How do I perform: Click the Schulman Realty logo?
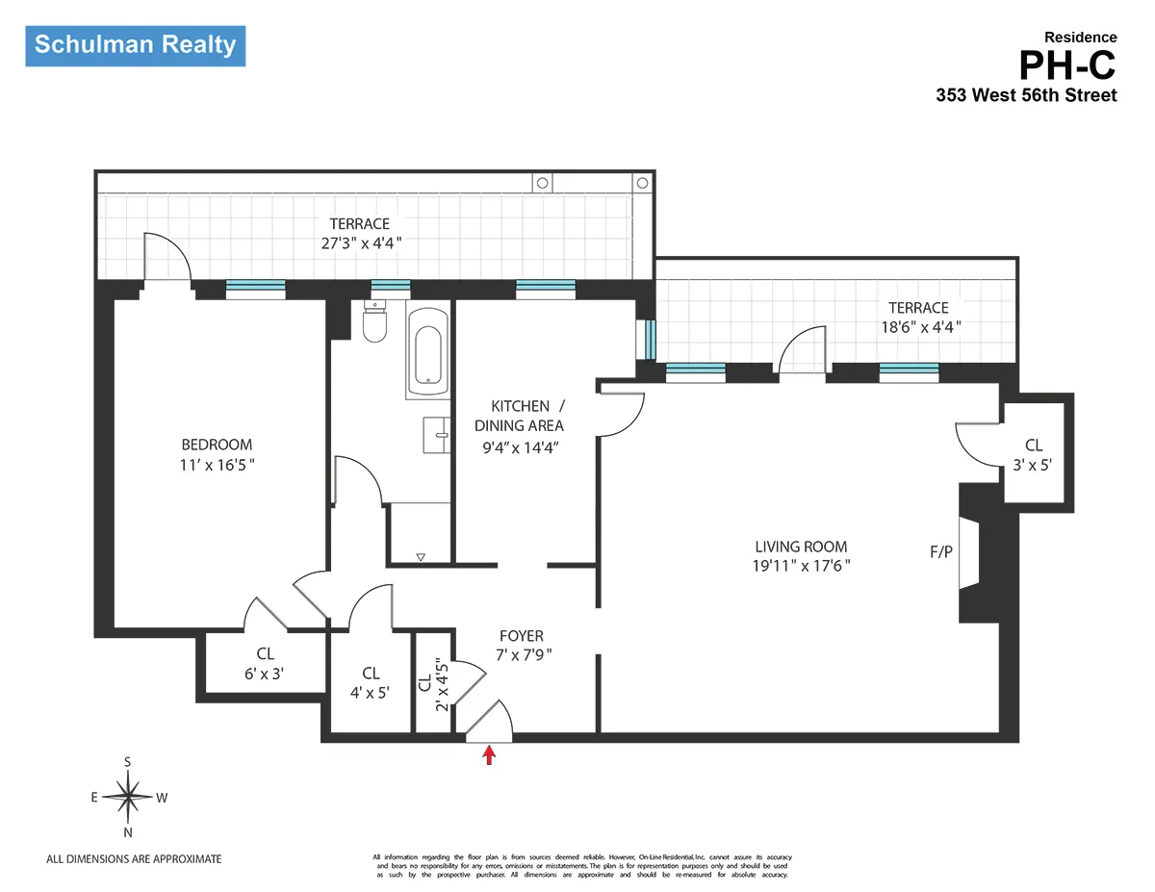[x=135, y=45]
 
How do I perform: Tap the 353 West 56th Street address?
[x=1026, y=95]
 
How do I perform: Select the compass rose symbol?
[x=127, y=796]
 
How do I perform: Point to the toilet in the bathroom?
[x=374, y=322]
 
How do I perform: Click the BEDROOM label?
[x=217, y=445]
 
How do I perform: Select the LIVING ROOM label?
[x=801, y=547]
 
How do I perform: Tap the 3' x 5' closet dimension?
[x=1033, y=463]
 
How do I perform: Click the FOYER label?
[x=521, y=636]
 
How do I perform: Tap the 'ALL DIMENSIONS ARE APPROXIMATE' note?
[x=134, y=858]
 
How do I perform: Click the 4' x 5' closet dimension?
[x=371, y=691]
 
